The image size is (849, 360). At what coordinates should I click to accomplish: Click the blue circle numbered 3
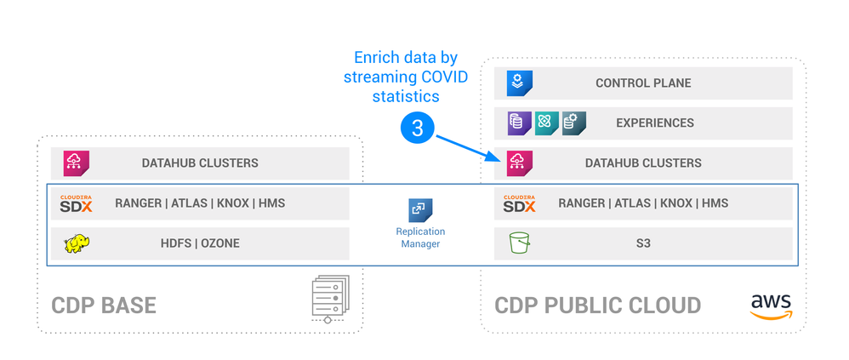[417, 129]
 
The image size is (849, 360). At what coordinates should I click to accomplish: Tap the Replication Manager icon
[420, 210]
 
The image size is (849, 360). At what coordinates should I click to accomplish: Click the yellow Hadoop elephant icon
[77, 244]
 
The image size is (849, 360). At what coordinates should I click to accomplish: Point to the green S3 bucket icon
[519, 243]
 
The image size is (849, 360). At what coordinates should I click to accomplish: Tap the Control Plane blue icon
[519, 83]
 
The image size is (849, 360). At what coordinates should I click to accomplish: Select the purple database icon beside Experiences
[519, 123]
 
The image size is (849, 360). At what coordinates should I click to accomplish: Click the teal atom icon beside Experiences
[546, 123]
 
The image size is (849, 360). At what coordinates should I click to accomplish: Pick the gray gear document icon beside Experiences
[573, 123]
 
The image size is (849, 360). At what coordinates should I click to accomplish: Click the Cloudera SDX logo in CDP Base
[77, 203]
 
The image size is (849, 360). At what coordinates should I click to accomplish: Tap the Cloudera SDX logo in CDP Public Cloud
[519, 203]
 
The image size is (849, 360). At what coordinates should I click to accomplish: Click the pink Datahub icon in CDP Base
[77, 163]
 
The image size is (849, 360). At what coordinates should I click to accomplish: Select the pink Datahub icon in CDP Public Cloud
[519, 163]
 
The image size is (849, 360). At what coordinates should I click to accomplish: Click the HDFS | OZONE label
[200, 243]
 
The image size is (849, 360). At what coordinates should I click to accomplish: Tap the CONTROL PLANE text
[643, 83]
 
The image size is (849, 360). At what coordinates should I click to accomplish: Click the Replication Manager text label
[420, 237]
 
